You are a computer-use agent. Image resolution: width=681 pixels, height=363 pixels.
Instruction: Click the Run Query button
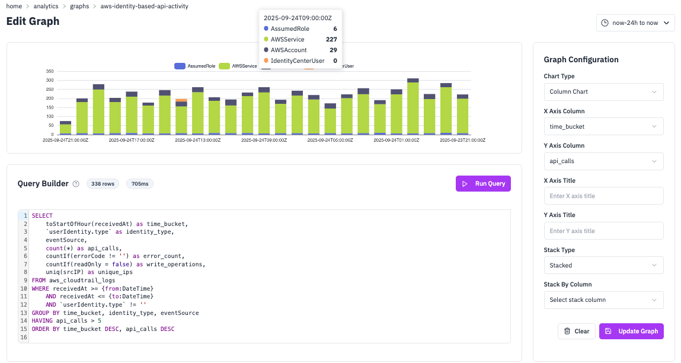click(483, 184)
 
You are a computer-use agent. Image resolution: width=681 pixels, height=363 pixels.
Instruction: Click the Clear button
click(576, 331)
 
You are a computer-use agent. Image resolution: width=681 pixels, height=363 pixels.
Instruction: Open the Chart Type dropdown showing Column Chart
click(603, 92)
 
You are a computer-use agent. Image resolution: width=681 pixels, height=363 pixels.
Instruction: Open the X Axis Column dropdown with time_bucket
click(603, 126)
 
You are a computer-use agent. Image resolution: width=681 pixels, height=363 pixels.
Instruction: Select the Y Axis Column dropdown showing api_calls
click(603, 161)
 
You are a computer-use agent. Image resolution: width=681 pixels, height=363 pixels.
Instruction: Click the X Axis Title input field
click(603, 196)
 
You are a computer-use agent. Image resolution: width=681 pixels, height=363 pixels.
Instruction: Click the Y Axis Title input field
click(603, 231)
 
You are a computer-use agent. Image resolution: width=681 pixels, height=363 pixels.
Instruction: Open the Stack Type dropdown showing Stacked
click(603, 265)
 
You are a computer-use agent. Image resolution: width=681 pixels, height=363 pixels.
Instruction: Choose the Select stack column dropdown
click(603, 300)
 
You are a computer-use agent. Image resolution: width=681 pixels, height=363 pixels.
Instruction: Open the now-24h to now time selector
click(635, 23)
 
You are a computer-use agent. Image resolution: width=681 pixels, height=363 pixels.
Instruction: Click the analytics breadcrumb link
click(46, 7)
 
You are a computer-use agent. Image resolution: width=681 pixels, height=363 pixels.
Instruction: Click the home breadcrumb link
click(14, 7)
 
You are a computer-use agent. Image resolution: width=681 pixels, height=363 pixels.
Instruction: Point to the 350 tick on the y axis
click(50, 71)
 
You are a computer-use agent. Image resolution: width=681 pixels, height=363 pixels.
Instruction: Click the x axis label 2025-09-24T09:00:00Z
click(264, 141)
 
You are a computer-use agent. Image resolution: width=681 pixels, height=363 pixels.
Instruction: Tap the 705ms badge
click(140, 184)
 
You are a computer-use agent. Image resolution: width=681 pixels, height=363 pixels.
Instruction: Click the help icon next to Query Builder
click(76, 184)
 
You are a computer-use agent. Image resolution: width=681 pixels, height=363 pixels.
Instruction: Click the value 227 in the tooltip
click(331, 40)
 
